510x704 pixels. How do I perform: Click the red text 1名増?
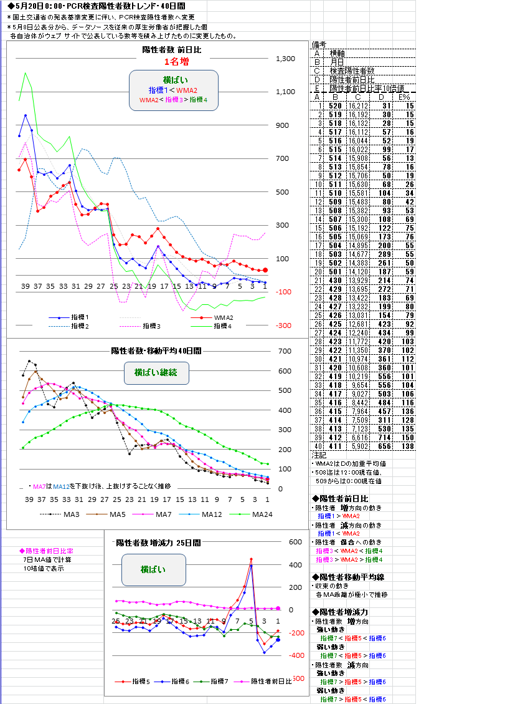click(176, 61)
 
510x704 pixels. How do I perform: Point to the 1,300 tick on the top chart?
click(285, 59)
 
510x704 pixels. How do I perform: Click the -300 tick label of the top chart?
click(284, 325)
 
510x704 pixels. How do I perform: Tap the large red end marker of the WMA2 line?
click(265, 270)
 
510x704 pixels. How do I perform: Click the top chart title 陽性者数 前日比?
click(172, 49)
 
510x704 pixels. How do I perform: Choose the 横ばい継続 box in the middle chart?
click(156, 372)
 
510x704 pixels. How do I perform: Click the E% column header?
click(405, 97)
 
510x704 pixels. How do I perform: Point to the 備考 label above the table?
click(319, 45)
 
